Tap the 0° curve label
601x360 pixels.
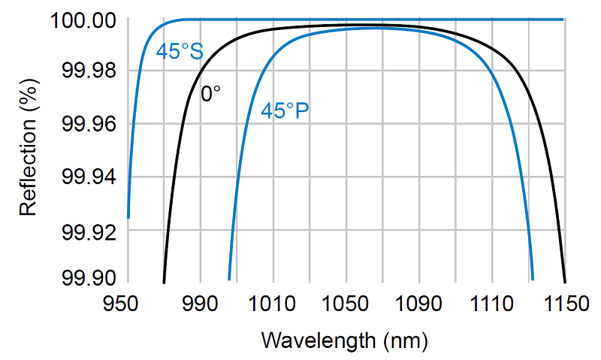pos(211,95)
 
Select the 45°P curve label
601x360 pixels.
pos(285,111)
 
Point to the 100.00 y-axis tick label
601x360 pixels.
pos(83,20)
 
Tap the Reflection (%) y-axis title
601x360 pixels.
pos(29,154)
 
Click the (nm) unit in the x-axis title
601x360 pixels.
pos(406,340)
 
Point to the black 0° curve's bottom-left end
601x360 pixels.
pos(164,282)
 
